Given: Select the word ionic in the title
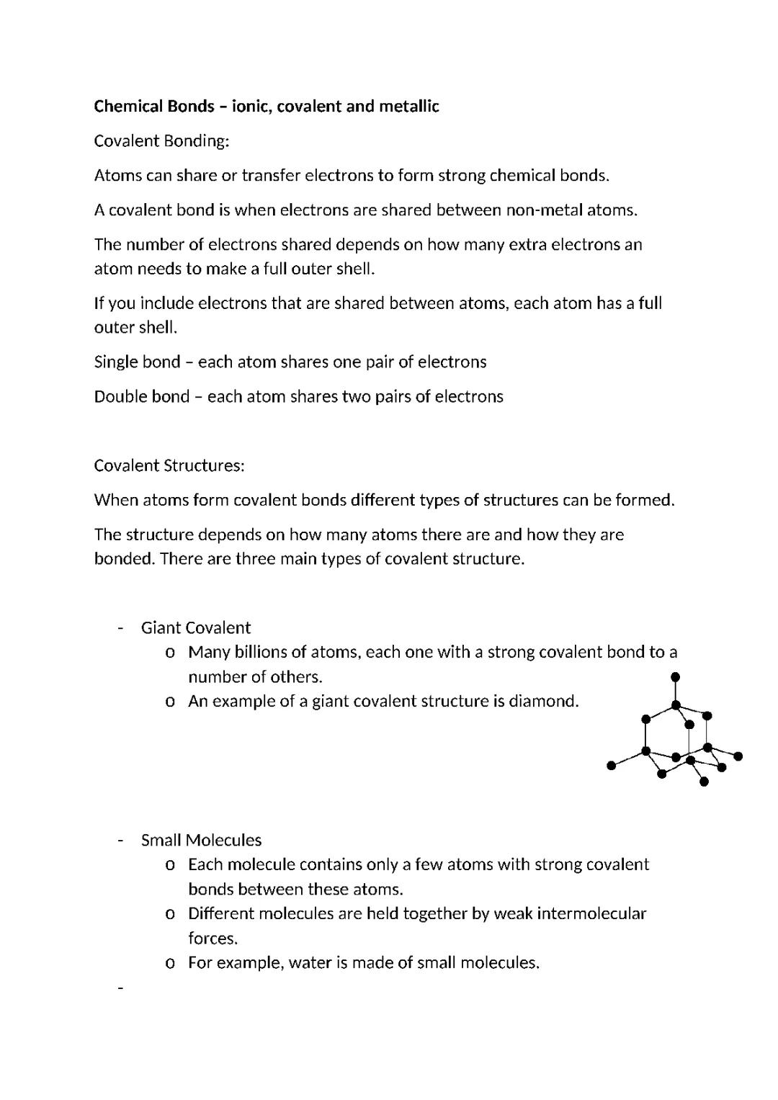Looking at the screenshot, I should [x=251, y=107].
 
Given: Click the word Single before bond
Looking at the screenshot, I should [x=116, y=362].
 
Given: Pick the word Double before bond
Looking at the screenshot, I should [x=120, y=397].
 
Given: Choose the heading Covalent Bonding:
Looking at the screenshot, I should [x=161, y=141].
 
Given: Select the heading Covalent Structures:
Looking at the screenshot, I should [x=169, y=465].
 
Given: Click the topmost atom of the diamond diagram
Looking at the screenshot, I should [x=675, y=677].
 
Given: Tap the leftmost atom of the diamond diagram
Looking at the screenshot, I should [x=612, y=766].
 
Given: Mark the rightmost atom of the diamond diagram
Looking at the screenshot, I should [x=738, y=756].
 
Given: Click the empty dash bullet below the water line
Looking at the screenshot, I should [x=120, y=988].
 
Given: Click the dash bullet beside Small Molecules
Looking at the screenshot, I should [x=120, y=841].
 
